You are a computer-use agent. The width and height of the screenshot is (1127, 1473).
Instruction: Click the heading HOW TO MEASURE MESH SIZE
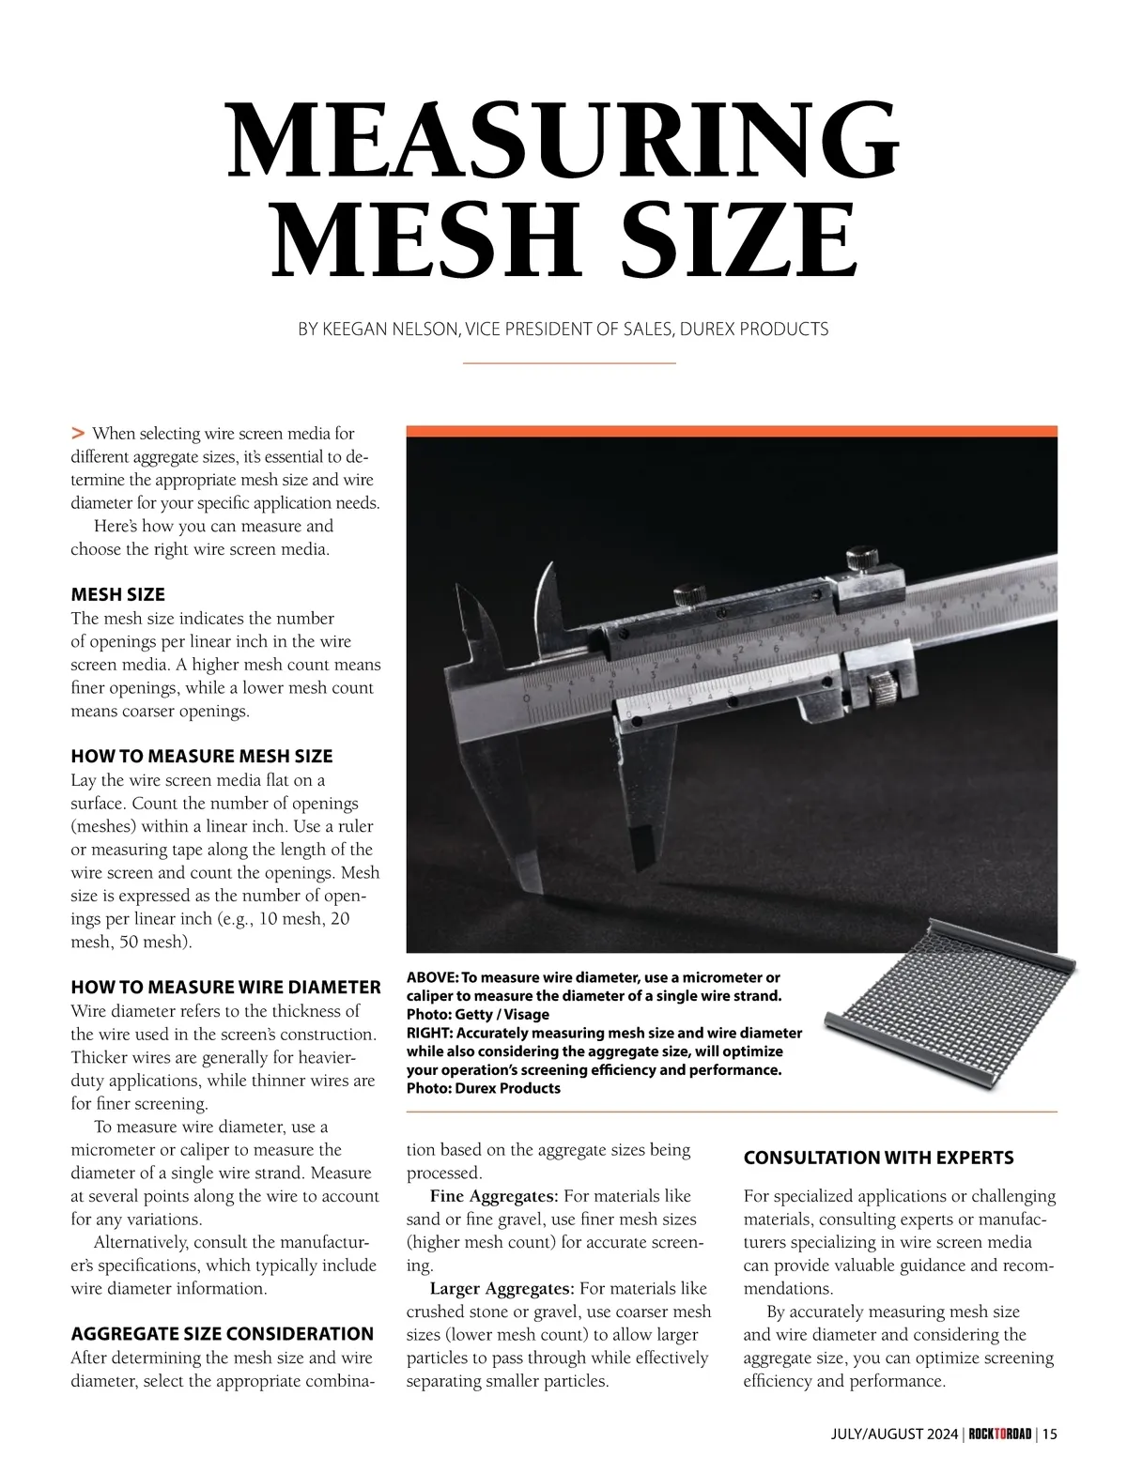pos(202,756)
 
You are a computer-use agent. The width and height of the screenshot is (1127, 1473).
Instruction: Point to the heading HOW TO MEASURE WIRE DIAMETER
pos(225,987)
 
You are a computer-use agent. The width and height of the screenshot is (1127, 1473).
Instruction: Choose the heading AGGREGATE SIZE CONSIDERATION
pos(222,1333)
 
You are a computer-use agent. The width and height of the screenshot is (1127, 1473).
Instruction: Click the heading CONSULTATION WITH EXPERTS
pos(878,1158)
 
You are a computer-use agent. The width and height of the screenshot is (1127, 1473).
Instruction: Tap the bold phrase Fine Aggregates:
pos(494,1196)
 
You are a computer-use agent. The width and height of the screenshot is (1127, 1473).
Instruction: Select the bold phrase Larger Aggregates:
pos(502,1288)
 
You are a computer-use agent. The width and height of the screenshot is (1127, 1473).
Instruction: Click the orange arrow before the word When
pos(78,433)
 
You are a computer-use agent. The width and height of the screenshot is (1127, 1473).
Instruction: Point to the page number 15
pos(1049,1434)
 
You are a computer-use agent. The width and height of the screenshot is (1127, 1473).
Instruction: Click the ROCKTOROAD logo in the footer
pos(999,1434)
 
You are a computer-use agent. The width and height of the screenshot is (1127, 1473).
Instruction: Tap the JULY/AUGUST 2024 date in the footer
pos(894,1434)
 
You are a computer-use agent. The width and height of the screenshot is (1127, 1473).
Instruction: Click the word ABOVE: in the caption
pos(432,977)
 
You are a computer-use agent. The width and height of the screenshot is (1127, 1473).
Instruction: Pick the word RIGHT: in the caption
pos(429,1033)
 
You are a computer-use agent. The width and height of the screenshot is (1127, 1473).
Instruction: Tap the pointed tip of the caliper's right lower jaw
pos(643,863)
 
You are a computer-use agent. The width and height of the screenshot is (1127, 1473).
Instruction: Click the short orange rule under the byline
pos(570,362)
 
